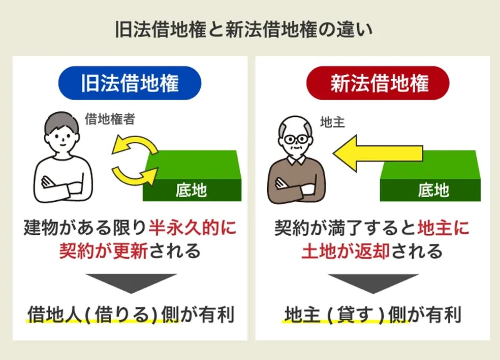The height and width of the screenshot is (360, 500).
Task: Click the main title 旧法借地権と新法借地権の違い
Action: click(244, 29)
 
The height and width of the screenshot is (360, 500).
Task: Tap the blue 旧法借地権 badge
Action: click(130, 83)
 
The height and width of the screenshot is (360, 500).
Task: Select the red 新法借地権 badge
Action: click(378, 83)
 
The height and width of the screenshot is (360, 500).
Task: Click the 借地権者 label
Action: click(110, 119)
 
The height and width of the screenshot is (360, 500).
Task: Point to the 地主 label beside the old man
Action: click(332, 122)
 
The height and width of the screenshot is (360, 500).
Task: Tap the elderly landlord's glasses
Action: click(296, 140)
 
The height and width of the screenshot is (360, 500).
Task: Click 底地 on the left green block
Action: click(191, 190)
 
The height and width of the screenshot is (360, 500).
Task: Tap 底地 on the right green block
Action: click(433, 190)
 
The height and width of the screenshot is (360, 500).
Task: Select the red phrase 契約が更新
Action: click(103, 251)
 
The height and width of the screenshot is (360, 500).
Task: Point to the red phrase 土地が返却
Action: click(345, 251)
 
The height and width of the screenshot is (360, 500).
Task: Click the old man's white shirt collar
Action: click(297, 160)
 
